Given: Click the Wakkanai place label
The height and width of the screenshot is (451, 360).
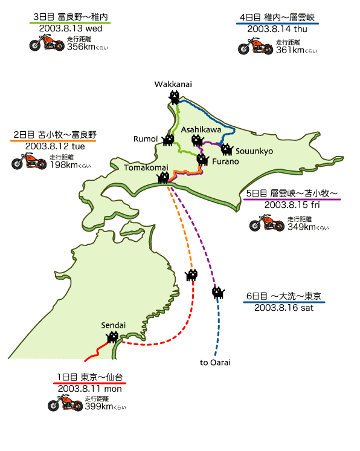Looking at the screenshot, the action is [x=173, y=84].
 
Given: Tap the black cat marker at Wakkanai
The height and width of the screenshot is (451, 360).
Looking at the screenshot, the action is [x=174, y=97].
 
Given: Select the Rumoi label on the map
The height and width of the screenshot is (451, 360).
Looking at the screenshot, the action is [x=146, y=139].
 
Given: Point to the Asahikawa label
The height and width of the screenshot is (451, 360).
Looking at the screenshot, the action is [x=201, y=130].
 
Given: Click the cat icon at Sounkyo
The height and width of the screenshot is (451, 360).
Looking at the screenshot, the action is [x=227, y=149].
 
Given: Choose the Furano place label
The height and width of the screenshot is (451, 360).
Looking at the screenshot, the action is [x=225, y=161].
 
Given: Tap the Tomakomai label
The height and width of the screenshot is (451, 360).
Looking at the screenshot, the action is [x=146, y=167].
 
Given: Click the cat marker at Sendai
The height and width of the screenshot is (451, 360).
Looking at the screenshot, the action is [x=112, y=337].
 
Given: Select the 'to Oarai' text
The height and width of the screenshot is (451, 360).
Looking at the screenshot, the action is [x=215, y=362].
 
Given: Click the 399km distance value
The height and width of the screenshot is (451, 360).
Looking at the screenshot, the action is [x=99, y=406].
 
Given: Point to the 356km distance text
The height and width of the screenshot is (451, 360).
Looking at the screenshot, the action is [x=81, y=47].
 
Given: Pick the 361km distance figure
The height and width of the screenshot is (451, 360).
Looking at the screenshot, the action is [x=290, y=50].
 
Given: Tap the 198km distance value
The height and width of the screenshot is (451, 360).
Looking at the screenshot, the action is [x=64, y=165].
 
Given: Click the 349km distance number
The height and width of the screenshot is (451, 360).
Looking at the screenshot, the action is [x=301, y=227].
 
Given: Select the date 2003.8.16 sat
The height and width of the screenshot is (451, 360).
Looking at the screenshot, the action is [x=284, y=308].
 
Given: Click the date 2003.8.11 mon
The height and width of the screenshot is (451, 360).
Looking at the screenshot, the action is [x=89, y=389].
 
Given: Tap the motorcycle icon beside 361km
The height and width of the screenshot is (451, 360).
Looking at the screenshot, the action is [x=256, y=46].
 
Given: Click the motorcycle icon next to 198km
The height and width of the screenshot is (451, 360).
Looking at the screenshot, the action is [x=29, y=161].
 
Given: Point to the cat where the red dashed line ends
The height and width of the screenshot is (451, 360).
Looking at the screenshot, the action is [x=191, y=275].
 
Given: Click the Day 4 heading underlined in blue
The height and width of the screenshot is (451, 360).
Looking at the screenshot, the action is [x=277, y=18].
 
